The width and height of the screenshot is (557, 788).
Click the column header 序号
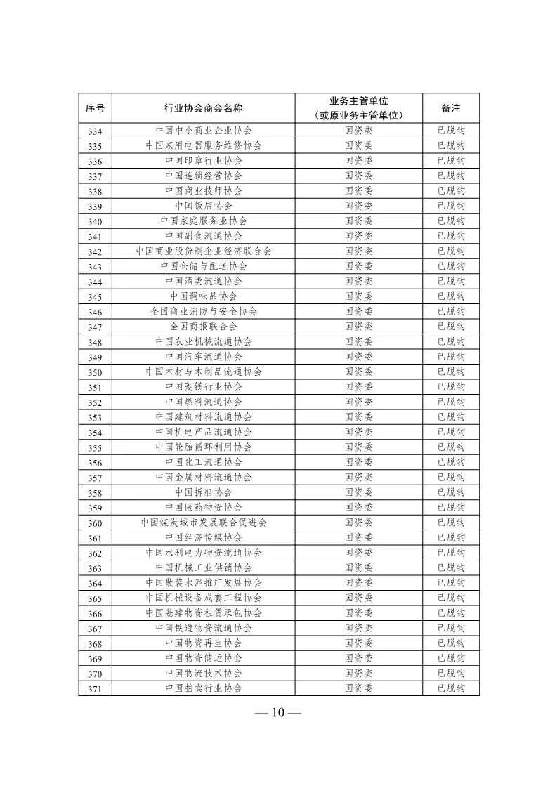tap(96, 108)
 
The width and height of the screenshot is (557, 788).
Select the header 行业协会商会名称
tap(204, 108)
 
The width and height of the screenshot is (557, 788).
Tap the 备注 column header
tap(451, 108)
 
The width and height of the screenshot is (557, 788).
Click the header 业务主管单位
tap(358, 102)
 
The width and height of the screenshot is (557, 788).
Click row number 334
tap(96, 131)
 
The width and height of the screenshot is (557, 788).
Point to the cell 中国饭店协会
tap(204, 206)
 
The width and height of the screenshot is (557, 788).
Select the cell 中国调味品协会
tap(204, 296)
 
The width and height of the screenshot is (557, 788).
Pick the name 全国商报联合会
tap(204, 327)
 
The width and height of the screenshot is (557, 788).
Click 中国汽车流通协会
tap(204, 357)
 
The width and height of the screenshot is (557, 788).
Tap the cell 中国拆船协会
tap(204, 492)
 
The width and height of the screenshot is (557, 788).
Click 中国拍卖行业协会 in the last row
tap(204, 688)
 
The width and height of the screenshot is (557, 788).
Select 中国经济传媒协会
tap(204, 538)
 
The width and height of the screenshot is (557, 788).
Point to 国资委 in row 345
tap(358, 296)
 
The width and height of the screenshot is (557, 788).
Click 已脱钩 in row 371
tap(451, 688)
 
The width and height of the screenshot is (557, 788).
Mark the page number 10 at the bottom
tap(277, 713)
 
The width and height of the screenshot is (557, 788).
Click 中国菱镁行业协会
tap(204, 387)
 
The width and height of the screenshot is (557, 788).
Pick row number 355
tap(96, 447)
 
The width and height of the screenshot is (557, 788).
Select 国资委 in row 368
tap(358, 643)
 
